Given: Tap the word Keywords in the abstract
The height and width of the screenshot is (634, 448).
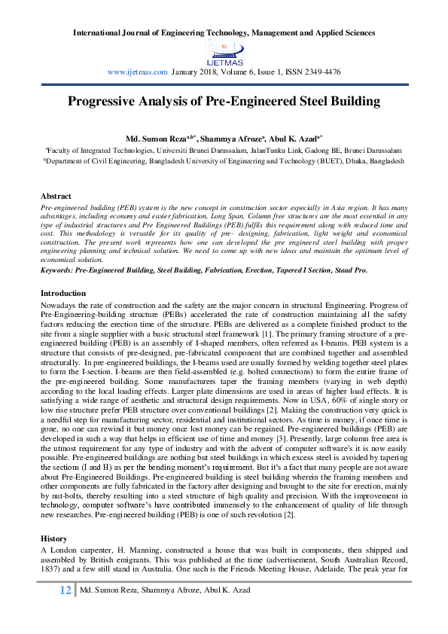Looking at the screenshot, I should pyautogui.click(x=59, y=269).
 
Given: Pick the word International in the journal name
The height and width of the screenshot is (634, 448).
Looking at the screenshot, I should pyautogui.click(x=101, y=32).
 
